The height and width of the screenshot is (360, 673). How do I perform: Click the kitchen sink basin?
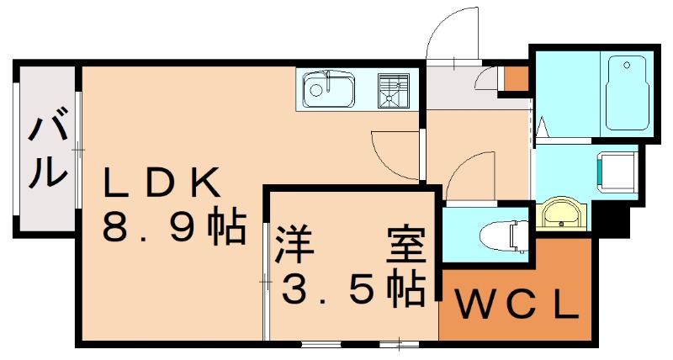[329, 87]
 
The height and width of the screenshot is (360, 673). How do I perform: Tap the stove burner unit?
[393, 90]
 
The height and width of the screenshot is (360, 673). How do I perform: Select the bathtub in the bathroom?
[628, 93]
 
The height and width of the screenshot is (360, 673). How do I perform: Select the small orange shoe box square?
[515, 78]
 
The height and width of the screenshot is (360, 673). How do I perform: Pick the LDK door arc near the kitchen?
[391, 151]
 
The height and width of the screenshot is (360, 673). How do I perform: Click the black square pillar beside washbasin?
[613, 221]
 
